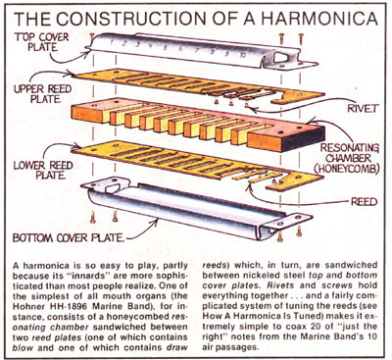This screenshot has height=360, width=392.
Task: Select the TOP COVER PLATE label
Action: point(42,42)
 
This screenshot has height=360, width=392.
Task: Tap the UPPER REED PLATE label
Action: point(42,94)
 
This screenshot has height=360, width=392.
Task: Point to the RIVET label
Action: point(362,109)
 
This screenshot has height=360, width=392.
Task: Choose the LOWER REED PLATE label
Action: point(42,170)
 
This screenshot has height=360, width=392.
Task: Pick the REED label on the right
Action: point(364,202)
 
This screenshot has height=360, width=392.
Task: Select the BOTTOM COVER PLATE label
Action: point(69,237)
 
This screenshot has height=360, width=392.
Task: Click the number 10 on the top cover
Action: point(242,55)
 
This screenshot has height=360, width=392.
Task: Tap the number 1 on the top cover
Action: point(112,42)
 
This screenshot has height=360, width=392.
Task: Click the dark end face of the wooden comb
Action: point(304,138)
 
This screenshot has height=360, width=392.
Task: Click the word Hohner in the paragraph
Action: point(28,307)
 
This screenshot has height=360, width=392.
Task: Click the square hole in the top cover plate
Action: point(281,58)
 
